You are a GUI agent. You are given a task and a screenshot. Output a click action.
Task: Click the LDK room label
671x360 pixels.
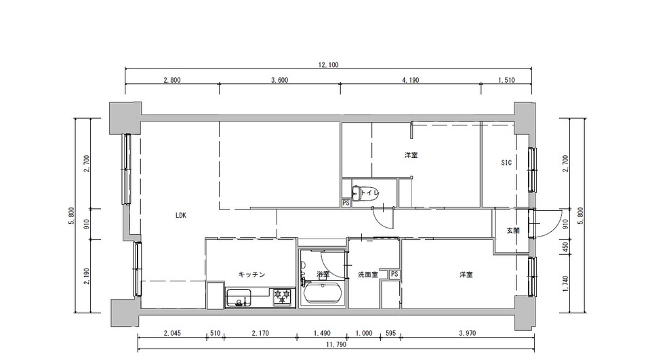point(180,216)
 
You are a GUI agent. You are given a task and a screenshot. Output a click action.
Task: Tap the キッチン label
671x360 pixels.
point(251,275)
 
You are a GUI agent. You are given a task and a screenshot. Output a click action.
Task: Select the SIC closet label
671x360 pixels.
point(506,163)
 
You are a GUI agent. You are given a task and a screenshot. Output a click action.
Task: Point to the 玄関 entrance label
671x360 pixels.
point(513,231)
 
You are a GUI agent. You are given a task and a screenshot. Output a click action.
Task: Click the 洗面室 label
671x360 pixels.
point(367,275)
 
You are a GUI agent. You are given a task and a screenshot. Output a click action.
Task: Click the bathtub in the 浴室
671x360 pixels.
point(323,294)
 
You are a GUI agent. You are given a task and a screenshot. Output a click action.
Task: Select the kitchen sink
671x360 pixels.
point(239,298)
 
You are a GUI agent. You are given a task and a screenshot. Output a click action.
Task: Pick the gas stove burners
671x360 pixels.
point(283,297)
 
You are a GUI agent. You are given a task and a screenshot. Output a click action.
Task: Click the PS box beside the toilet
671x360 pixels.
point(346,203)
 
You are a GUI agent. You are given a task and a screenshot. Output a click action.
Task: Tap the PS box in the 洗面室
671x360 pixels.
point(394,275)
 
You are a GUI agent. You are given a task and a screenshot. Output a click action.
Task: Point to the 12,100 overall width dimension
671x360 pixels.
point(328,65)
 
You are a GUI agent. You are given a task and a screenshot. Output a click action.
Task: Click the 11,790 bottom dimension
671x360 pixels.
point(336,344)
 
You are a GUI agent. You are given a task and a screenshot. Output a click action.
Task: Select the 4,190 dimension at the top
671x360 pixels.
point(410,80)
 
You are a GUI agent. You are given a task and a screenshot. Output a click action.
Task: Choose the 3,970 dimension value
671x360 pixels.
point(467,333)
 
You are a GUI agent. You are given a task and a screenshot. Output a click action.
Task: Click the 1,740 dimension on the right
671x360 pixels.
point(565,283)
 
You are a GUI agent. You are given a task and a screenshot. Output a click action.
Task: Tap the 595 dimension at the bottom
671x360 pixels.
point(390,333)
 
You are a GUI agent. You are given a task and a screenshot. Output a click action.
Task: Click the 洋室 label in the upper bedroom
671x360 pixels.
point(411,155)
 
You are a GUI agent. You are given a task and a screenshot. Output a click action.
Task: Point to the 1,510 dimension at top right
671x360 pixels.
point(506,80)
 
